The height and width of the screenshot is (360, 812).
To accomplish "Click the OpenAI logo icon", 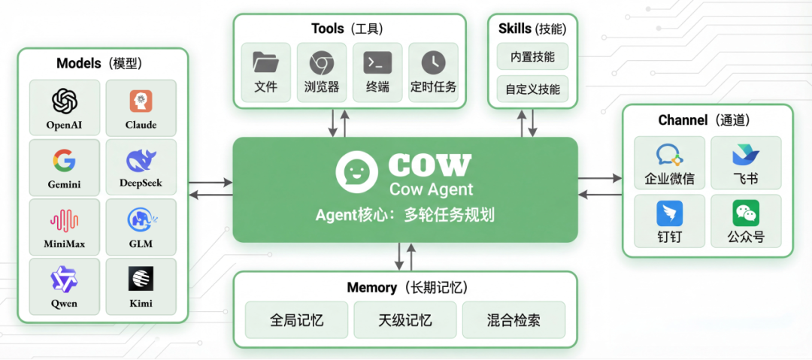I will [65, 100].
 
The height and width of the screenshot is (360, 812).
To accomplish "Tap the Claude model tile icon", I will [141, 100].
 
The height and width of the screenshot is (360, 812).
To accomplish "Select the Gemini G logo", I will [65, 159].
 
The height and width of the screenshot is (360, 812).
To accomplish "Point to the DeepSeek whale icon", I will [141, 159].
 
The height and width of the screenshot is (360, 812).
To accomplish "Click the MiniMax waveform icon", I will [65, 219].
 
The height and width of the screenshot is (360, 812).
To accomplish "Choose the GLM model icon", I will [141, 219].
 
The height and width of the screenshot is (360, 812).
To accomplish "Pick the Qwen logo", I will [65, 279].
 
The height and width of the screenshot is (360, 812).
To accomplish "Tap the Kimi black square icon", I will [141, 279].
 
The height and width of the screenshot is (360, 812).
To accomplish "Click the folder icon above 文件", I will [265, 62].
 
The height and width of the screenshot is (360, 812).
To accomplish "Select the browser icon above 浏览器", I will [322, 62].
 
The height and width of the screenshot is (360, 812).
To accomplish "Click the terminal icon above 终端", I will [377, 62].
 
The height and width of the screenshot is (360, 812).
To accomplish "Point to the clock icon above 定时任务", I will [433, 62].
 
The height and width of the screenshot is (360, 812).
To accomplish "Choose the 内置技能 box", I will [532, 56].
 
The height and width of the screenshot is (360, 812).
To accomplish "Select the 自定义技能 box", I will [532, 89].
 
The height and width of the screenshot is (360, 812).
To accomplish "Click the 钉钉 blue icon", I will [669, 213].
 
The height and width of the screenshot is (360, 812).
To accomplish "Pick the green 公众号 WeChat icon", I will [746, 213].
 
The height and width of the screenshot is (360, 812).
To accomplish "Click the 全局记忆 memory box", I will [296, 320].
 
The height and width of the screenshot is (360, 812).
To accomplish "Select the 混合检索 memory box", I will [513, 320].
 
